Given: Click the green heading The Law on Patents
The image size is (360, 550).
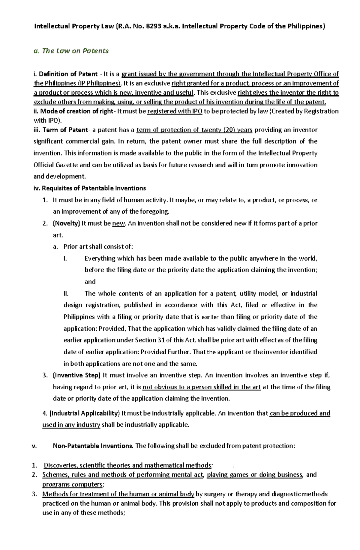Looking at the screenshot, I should (71, 51).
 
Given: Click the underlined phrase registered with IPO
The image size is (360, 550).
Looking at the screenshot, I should (175, 111).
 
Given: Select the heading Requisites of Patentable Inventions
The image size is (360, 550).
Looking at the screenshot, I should (94, 189).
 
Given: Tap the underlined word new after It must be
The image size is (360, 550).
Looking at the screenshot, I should (118, 224).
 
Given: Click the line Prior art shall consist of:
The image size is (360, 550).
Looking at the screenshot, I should (98, 247).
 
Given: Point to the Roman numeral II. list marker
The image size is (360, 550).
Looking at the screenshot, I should (66, 294).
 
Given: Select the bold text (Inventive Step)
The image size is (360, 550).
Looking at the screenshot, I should (76, 376).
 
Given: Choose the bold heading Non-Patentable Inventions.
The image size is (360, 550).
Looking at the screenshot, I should (93, 446).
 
